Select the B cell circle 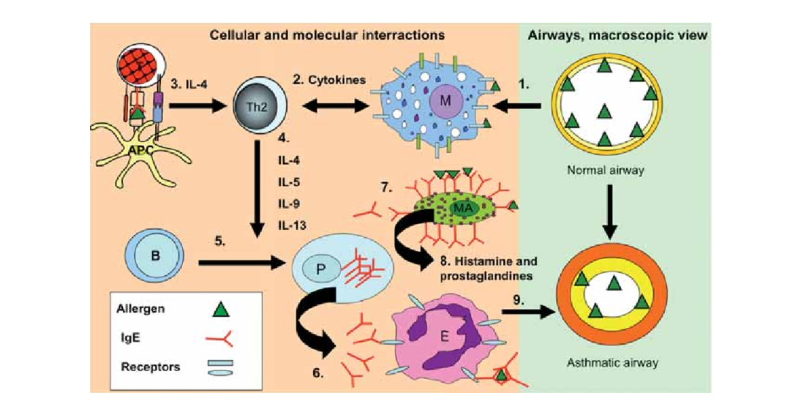[x=154, y=255]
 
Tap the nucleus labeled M [x=445, y=101]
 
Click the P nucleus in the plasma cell [x=321, y=270]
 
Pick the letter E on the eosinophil [x=444, y=337]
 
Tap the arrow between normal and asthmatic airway [x=609, y=212]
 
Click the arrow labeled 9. [x=529, y=312]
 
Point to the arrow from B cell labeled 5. [x=242, y=262]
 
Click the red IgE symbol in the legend [x=219, y=338]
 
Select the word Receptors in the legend [x=150, y=367]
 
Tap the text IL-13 [x=292, y=225]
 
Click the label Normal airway [x=605, y=171]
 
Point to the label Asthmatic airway [x=612, y=362]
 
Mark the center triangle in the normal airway [x=605, y=111]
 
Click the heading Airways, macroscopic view [x=617, y=35]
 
